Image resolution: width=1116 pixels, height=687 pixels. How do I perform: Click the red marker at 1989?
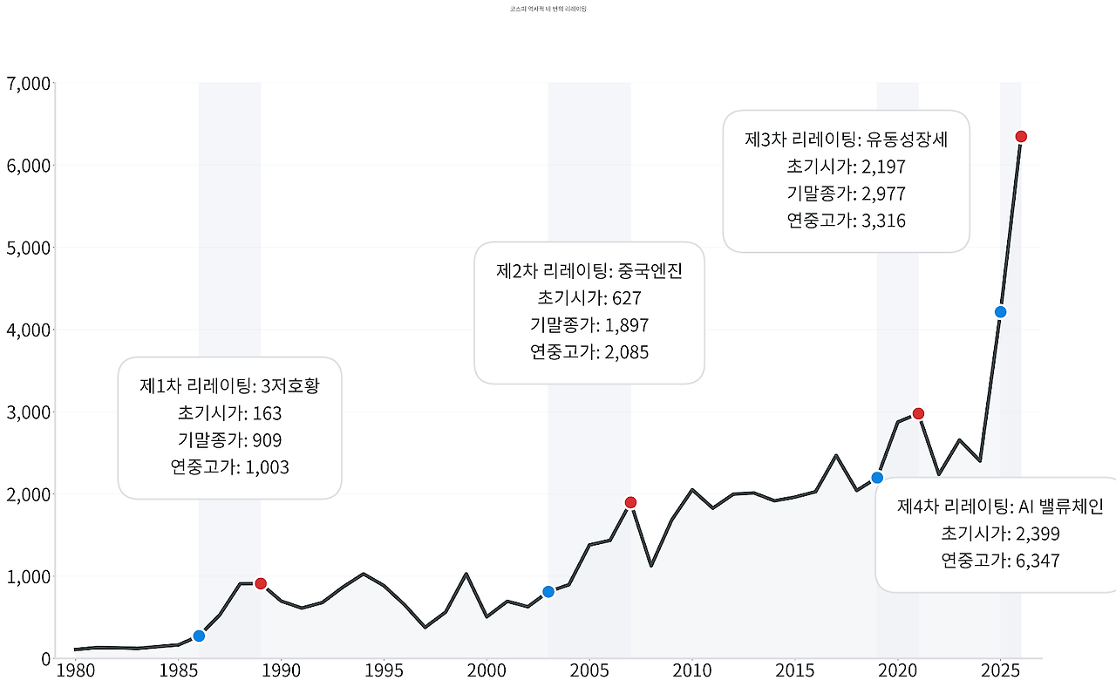coord(260,583)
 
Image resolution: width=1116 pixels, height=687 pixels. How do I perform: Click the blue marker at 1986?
coord(199,636)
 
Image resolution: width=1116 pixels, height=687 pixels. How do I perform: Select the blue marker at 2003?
coord(548,592)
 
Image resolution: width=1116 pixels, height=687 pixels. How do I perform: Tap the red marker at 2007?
coord(630,502)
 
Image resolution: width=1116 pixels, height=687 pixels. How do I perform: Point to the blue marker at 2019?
coord(877,477)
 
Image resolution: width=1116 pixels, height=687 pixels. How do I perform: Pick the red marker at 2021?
coord(918,413)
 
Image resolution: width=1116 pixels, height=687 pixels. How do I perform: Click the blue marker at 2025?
coord(1001,311)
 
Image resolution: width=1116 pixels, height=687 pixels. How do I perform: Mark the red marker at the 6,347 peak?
coord(1021,136)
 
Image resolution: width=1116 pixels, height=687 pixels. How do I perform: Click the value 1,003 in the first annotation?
coord(267,467)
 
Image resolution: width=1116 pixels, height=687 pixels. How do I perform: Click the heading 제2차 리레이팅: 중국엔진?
coord(589,271)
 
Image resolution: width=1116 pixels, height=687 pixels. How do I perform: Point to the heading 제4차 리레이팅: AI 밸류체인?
coord(1001,507)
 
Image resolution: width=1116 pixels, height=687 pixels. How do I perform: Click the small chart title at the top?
coord(548,8)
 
